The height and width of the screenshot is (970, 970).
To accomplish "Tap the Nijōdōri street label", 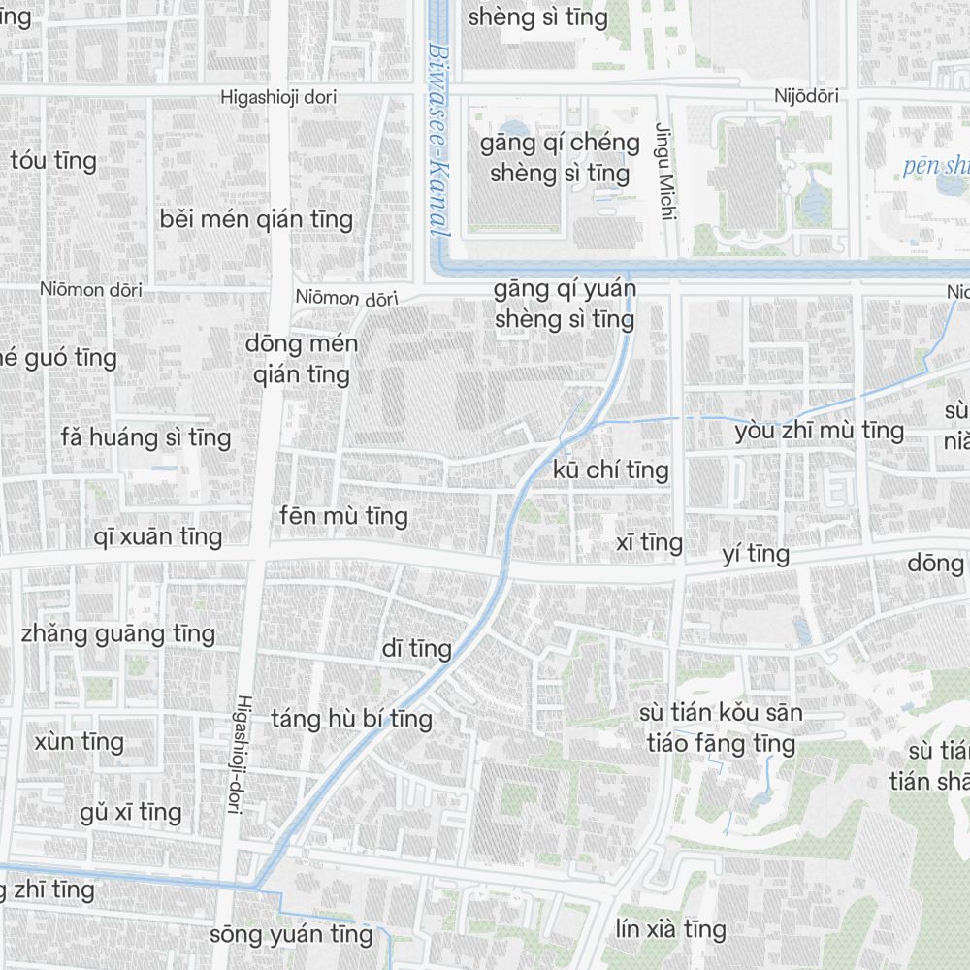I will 806,96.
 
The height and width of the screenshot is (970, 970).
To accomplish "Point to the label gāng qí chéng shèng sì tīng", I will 560,158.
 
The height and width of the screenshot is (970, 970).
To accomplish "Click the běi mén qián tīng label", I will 256,219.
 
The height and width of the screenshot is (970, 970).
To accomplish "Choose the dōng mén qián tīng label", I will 302,359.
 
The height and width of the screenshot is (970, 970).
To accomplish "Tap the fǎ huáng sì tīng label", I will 145,437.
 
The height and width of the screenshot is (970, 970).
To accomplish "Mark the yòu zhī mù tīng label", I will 819,431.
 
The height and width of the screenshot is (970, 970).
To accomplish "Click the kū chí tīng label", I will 611,470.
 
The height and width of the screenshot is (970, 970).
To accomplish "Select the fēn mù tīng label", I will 343,516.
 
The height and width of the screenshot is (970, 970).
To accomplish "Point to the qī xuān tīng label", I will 158,536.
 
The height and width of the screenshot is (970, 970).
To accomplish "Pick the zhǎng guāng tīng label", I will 118,634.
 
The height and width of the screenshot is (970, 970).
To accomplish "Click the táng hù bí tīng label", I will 351,720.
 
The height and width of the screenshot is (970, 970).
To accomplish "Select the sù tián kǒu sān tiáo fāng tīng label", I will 721,728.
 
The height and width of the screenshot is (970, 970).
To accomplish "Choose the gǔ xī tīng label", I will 131,812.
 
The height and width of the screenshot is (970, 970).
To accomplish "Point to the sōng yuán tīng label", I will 291,935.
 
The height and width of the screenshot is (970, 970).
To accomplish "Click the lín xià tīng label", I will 670,929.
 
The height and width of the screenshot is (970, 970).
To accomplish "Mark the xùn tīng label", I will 80,743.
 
